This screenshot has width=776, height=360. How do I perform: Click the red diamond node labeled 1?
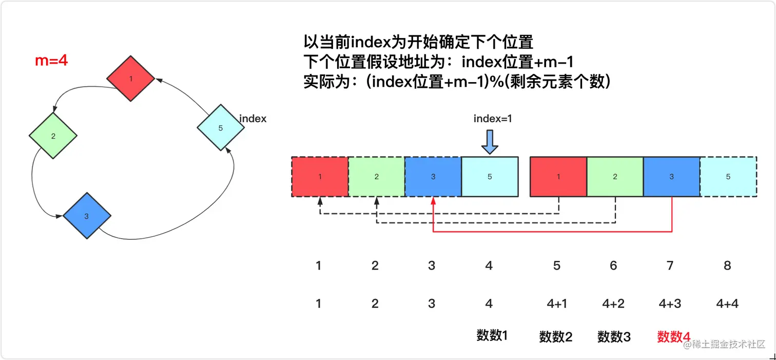(x=131, y=79)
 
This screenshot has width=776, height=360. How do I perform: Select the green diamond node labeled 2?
(x=53, y=136)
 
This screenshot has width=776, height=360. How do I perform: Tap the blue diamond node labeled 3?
(x=87, y=216)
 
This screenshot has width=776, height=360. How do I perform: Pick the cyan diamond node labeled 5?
(x=221, y=128)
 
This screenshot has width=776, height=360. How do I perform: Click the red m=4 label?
(x=51, y=61)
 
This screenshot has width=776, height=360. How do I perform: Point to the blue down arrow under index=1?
(x=490, y=142)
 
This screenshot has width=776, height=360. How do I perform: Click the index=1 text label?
(x=493, y=119)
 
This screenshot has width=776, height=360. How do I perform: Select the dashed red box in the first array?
(x=320, y=177)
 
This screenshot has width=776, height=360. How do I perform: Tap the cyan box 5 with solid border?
(x=490, y=177)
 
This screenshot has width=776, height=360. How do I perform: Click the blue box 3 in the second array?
(x=671, y=177)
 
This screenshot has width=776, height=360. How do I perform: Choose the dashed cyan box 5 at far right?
(x=728, y=177)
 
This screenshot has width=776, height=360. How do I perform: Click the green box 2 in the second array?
(x=615, y=177)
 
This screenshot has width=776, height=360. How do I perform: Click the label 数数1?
(x=492, y=336)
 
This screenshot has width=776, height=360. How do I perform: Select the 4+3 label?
(x=670, y=304)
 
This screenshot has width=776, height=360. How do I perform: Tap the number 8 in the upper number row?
(x=727, y=266)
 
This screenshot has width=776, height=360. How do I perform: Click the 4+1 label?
(x=557, y=304)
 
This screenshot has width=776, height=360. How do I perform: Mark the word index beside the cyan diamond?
(x=253, y=119)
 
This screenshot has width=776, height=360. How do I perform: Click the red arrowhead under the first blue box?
(x=433, y=201)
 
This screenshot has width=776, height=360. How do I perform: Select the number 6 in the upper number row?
(x=613, y=266)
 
